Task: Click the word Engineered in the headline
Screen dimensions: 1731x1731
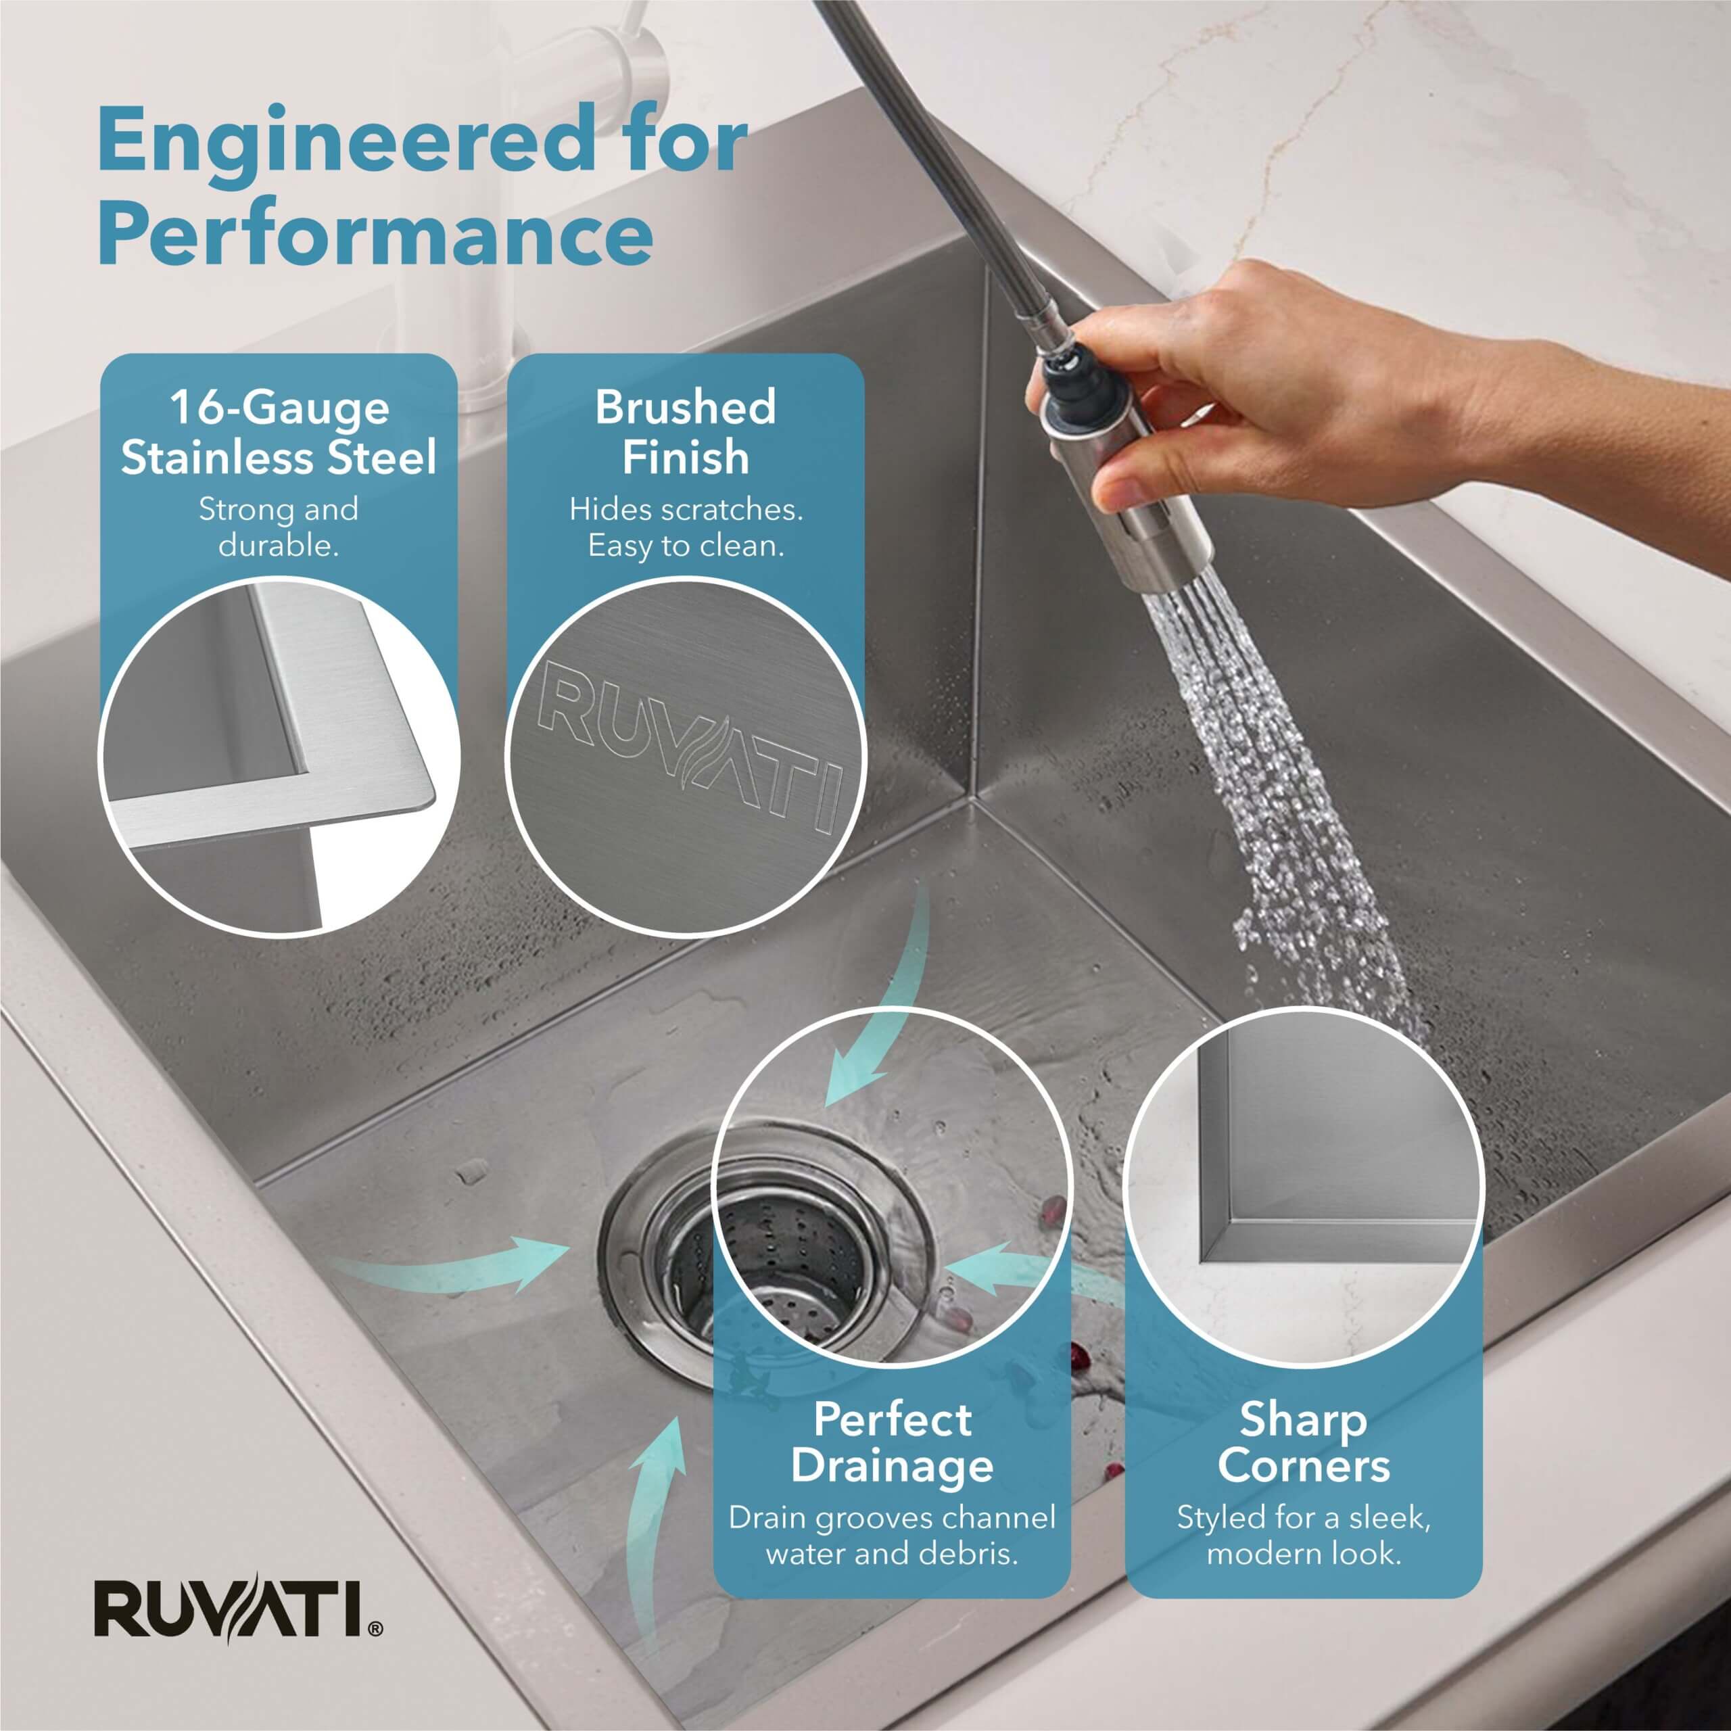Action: point(346,141)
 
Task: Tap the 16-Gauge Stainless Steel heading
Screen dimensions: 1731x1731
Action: point(279,433)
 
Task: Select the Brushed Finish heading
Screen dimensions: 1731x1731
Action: point(686,432)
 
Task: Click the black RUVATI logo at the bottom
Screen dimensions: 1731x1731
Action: point(238,1608)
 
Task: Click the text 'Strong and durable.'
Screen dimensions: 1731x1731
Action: point(279,527)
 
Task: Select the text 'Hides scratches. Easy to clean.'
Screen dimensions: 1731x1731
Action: point(686,527)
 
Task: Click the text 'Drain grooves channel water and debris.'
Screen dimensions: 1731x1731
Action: point(891,1535)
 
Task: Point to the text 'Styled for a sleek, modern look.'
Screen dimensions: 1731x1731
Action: point(1304,1535)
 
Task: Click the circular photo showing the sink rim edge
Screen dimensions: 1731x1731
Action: point(279,758)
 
